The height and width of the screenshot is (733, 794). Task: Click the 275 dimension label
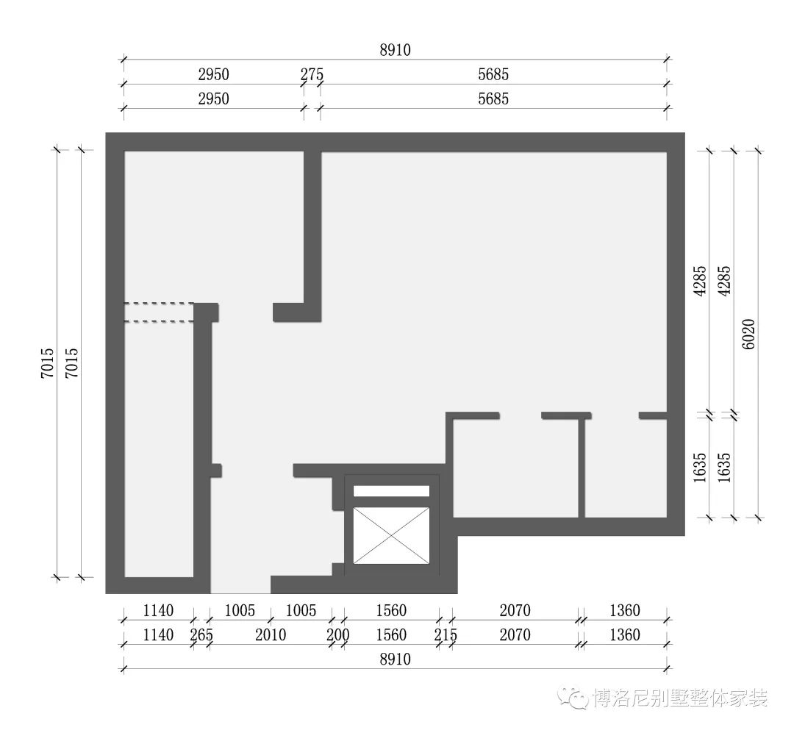pos(312,74)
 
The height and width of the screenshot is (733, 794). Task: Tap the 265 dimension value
pos(201,634)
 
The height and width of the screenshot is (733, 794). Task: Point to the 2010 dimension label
pos(270,634)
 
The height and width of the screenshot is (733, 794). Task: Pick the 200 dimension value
pos(337,634)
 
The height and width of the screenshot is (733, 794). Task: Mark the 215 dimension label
pos(445,634)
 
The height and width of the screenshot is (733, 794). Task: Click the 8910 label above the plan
pos(395,50)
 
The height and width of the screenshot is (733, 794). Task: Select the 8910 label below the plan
pos(395,659)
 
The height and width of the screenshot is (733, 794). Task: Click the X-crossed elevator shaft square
pos(390,536)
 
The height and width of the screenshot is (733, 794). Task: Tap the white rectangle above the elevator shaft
pos(391,491)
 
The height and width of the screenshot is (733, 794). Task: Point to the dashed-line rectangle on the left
pos(159,312)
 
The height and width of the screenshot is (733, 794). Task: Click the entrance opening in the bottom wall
pos(240,584)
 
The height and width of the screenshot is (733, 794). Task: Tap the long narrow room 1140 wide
pos(158,448)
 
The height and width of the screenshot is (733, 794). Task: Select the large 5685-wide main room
pos(493,279)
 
